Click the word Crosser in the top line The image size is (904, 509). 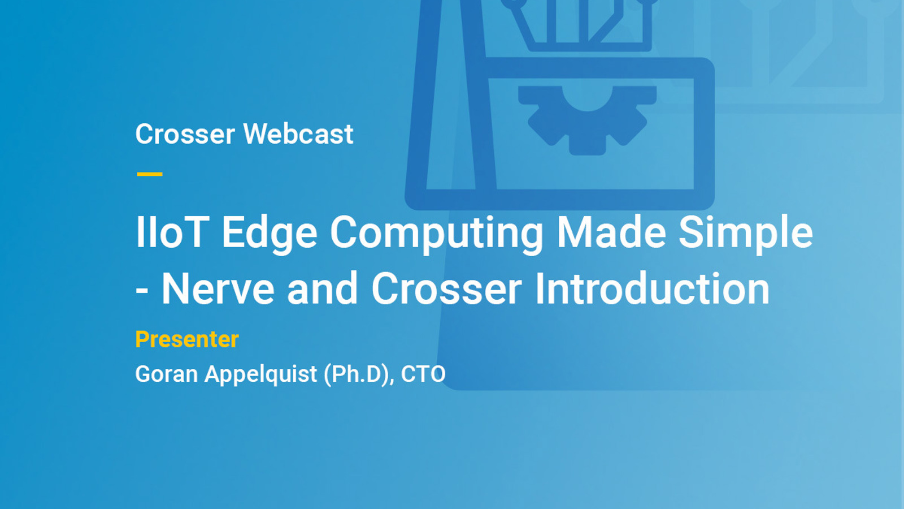click(x=185, y=135)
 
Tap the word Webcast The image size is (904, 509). click(x=298, y=135)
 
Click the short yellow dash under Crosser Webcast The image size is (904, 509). click(x=150, y=174)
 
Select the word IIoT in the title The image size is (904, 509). click(x=172, y=232)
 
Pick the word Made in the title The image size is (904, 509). click(x=611, y=232)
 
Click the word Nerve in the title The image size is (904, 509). click(x=218, y=289)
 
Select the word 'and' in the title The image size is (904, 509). click(x=323, y=289)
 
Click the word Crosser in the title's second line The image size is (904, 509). click(x=446, y=289)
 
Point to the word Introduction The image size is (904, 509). click(x=652, y=289)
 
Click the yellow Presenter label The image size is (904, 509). click(x=187, y=339)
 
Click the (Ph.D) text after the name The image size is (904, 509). click(x=358, y=374)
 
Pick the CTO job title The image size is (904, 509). click(x=423, y=374)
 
